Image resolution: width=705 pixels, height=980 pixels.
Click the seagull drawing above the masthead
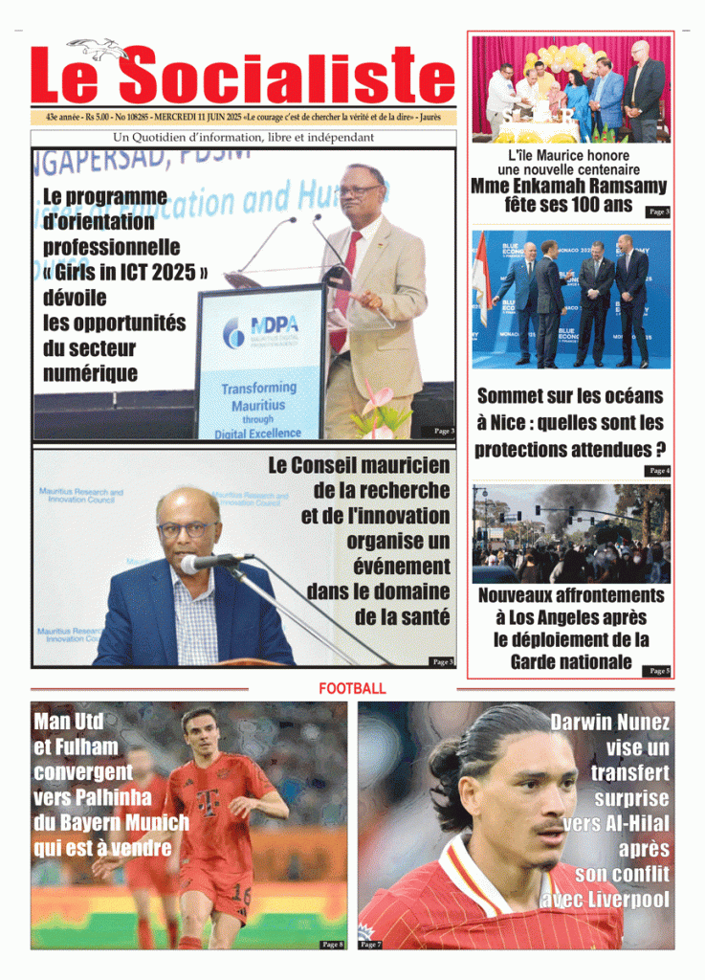pyautogui.click(x=99, y=48)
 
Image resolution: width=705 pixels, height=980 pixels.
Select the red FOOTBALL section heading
pyautogui.click(x=352, y=688)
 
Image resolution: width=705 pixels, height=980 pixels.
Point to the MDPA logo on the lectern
pyautogui.click(x=260, y=331)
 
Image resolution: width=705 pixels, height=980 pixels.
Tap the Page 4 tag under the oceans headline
pyautogui.click(x=659, y=471)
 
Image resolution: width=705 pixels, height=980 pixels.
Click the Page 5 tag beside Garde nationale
pyautogui.click(x=659, y=671)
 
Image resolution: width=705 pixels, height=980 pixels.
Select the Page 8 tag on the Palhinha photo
pyautogui.click(x=332, y=945)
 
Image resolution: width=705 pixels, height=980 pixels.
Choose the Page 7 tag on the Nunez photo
pyautogui.click(x=370, y=945)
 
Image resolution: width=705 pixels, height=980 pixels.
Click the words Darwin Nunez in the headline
pyautogui.click(x=610, y=724)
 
